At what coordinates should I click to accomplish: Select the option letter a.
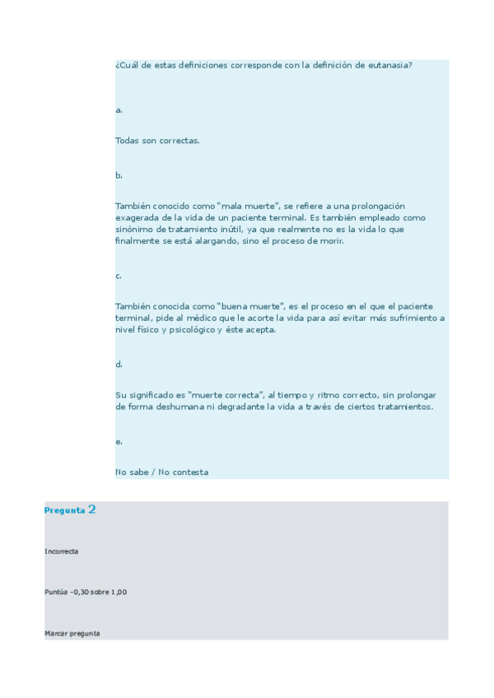(119, 109)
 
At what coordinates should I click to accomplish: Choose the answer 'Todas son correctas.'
(157, 141)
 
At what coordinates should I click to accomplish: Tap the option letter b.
(119, 175)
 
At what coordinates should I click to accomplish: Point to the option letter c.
(119, 276)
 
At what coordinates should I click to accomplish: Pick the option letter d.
(119, 364)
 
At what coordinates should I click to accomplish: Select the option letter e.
(119, 442)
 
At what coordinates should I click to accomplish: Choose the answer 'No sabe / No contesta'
(162, 472)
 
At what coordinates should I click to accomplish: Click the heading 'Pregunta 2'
(71, 510)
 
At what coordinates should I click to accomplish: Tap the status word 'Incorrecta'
(62, 551)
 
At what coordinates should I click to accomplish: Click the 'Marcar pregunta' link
(72, 633)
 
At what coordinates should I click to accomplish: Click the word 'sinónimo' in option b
(134, 230)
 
